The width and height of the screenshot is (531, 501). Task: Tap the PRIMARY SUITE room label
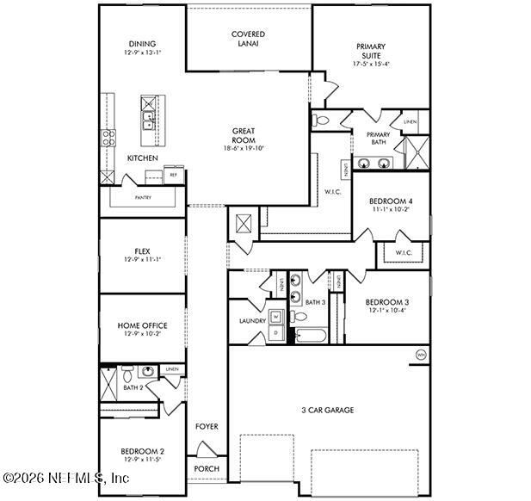point(371,52)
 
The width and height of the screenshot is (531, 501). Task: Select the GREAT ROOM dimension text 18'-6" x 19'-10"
point(244,148)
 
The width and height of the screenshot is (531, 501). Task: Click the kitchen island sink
point(148,120)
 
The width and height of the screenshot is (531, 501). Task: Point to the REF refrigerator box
point(173,175)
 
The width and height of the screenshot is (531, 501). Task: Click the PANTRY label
point(143,197)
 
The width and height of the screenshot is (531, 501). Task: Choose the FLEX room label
point(142,251)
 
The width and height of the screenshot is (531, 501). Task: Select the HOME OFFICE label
point(142,325)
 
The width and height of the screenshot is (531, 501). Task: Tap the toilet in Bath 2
point(127,373)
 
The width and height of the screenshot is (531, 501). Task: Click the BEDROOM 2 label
point(142,451)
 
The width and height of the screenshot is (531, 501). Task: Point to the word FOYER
point(207,427)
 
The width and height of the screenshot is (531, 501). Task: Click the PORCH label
point(207,468)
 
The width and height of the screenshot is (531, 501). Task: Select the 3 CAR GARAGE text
point(327,410)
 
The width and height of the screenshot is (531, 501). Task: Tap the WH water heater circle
point(421,355)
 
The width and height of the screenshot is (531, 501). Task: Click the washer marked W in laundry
point(275,315)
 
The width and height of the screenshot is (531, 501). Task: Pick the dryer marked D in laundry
point(275,331)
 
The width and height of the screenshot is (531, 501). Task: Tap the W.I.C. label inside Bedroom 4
point(404,252)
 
